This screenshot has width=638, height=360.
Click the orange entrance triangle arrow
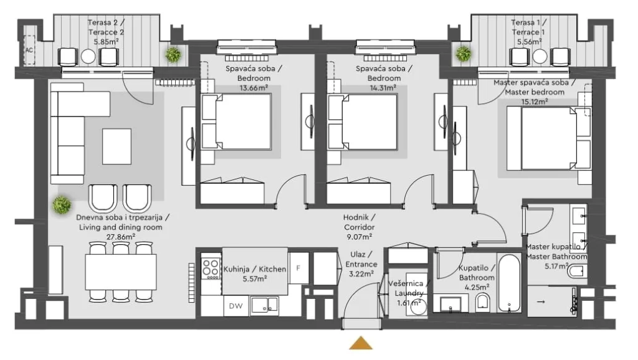[361, 343]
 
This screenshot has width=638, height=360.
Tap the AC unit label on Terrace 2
[29, 50]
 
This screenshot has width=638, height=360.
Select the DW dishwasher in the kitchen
[236, 306]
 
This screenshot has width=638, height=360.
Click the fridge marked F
[298, 268]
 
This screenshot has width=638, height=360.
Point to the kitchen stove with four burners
[211, 268]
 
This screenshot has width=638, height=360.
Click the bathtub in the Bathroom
[508, 283]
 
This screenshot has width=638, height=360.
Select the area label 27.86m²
[121, 237]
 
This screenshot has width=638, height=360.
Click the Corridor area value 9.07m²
[358, 236]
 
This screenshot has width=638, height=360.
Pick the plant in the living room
[62, 205]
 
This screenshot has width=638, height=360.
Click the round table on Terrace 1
[540, 57]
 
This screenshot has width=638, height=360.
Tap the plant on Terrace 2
[173, 54]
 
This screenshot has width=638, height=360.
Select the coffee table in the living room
[117, 146]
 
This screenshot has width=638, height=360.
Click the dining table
[121, 272]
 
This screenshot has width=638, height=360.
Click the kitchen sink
[264, 305]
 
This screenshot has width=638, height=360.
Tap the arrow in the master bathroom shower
[541, 302]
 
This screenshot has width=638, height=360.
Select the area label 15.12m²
[535, 102]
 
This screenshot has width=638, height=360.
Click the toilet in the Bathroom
[483, 302]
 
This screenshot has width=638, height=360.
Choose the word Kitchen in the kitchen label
[272, 269]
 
